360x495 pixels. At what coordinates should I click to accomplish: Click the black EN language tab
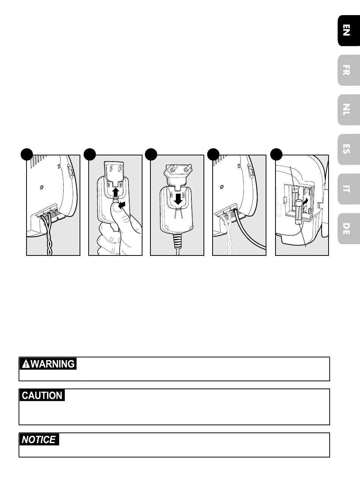349,30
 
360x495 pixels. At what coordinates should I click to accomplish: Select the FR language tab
349,70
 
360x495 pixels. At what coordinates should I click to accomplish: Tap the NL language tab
349,110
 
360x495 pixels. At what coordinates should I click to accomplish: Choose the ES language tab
349,149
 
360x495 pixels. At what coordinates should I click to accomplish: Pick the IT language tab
349,189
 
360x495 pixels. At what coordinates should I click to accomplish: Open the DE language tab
349,229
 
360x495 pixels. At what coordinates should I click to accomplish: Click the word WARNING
53,364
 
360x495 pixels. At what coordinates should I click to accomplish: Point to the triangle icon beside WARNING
26,364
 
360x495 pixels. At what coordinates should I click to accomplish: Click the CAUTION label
42,395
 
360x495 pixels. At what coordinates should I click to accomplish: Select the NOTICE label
39,440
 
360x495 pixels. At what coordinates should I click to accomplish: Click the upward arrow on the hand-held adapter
115,192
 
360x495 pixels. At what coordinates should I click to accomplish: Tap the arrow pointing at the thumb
122,205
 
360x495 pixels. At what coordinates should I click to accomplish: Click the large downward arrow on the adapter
178,199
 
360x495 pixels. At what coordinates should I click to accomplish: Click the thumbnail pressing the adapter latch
116,207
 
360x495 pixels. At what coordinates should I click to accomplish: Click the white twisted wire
228,235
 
